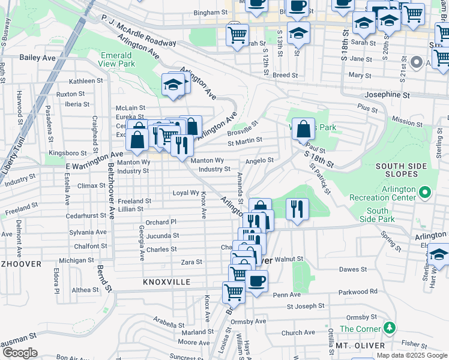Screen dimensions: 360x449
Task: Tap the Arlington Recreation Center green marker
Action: pos(426,193)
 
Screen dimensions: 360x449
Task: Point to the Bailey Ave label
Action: pos(38,58)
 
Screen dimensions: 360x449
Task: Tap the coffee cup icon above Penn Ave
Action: pos(256,281)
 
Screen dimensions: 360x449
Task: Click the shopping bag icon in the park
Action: pos(303,128)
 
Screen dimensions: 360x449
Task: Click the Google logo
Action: pos(19,353)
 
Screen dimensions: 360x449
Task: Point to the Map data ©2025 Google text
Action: pos(412,355)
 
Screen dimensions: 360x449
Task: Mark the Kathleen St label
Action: pos(86,80)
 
